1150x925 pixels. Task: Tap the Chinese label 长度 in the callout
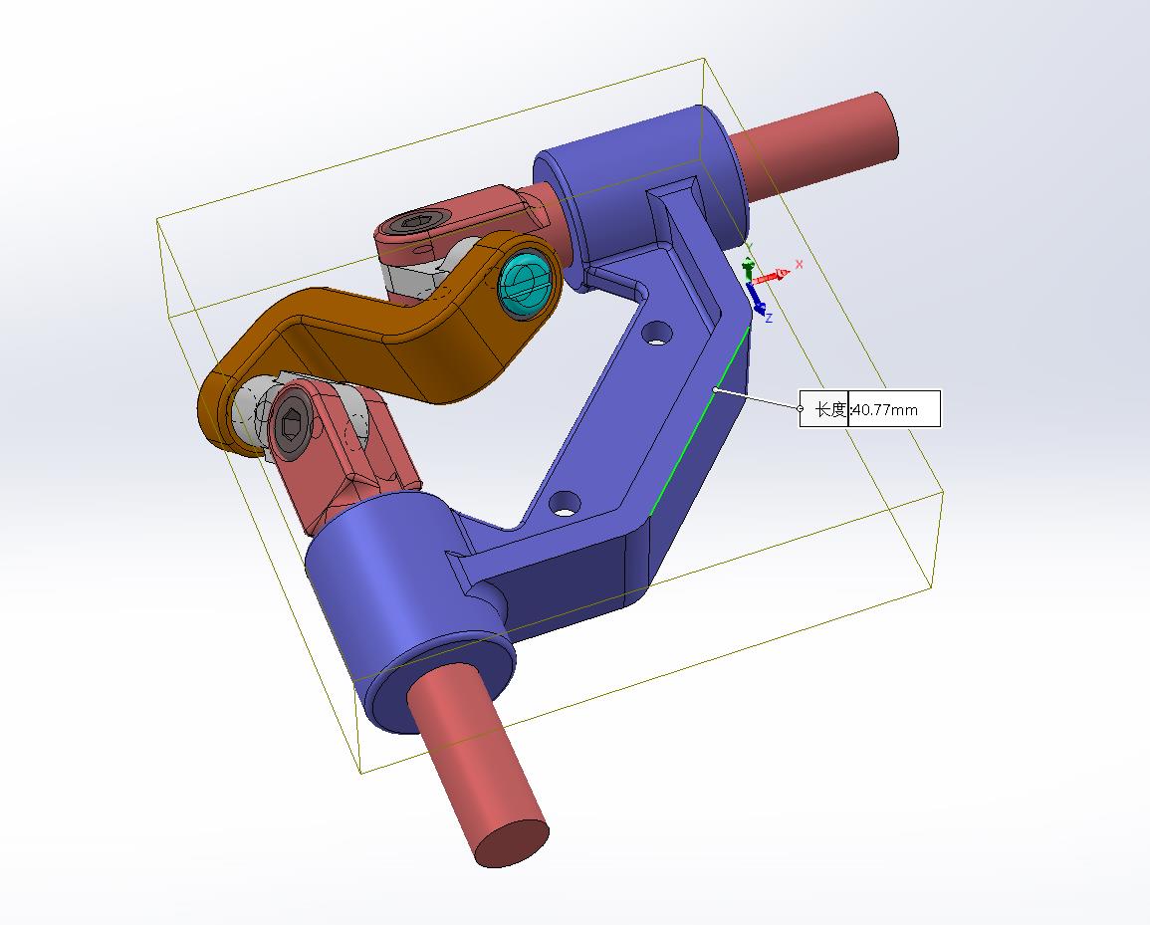[831, 409]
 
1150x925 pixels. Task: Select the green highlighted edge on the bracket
[700, 418]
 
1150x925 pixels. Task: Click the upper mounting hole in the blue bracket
[657, 333]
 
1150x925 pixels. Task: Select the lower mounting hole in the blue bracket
[566, 503]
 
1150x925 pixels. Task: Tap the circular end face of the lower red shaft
[512, 843]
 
